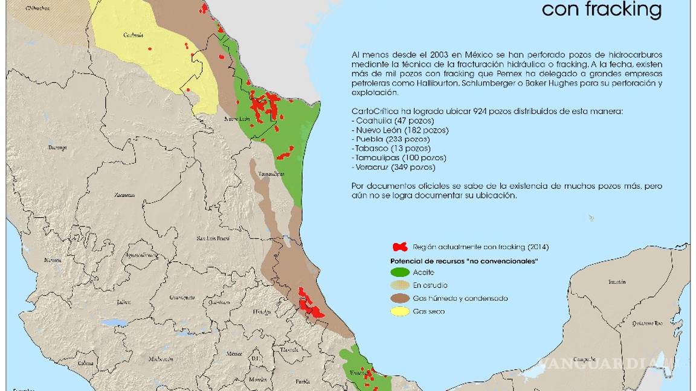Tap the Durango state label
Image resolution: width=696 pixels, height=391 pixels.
58,147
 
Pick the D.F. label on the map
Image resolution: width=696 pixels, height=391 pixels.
255,358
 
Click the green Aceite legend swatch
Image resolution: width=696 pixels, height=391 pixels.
400,273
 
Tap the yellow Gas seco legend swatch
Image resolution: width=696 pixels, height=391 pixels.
400,311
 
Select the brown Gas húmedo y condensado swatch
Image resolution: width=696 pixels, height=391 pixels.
400,298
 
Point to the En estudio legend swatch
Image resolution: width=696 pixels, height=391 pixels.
400,285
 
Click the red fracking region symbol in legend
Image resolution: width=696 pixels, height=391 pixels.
400,247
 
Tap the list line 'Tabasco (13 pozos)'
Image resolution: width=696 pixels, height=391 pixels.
391,148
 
